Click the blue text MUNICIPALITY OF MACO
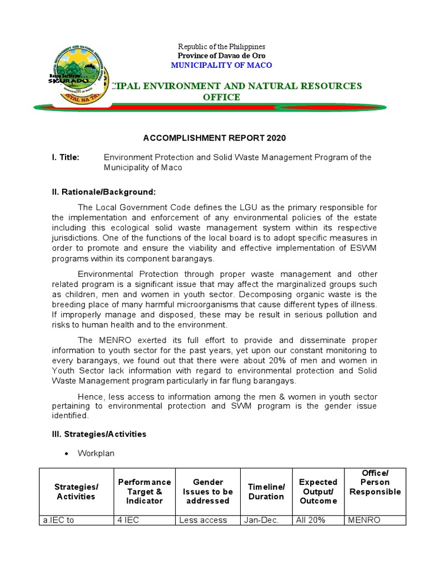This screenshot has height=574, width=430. pyautogui.click(x=221, y=65)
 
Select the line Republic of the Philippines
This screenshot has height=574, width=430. pyautogui.click(x=221, y=47)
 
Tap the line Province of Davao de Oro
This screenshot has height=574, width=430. pyautogui.click(x=221, y=55)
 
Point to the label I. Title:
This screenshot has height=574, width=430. pyautogui.click(x=66, y=158)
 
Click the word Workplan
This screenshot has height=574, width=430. pyautogui.click(x=96, y=453)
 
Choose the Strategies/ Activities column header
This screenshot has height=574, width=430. pyautogui.click(x=76, y=491)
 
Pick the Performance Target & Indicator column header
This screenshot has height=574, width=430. pyautogui.click(x=144, y=491)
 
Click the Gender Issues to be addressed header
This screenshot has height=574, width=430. pyautogui.click(x=208, y=491)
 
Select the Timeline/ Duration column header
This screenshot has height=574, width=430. pyautogui.click(x=267, y=491)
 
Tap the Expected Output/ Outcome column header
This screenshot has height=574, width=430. pyautogui.click(x=318, y=491)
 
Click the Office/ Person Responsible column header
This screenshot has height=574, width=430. pyautogui.click(x=375, y=483)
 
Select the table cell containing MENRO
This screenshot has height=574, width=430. pyautogui.click(x=364, y=520)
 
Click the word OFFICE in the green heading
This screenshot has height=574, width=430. pyautogui.click(x=221, y=97)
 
